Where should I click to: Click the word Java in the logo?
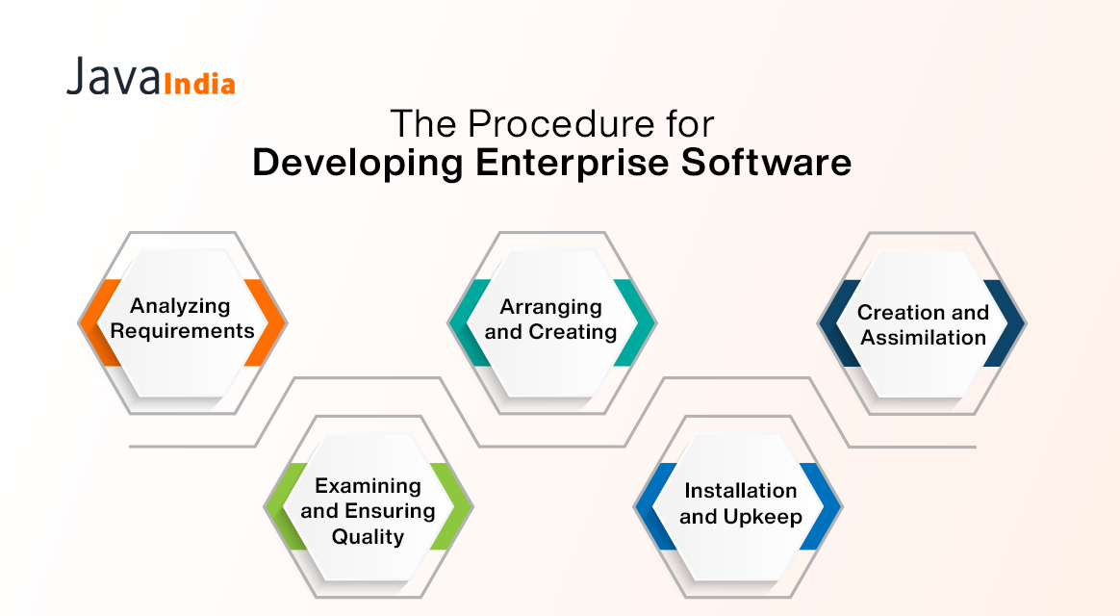pos(114,77)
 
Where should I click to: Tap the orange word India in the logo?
pos(200,84)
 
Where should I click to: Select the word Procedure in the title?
pos(558,125)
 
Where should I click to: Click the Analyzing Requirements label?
pos(181,319)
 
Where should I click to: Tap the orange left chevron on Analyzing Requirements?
pos(98,323)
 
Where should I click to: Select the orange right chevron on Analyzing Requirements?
pos(266,323)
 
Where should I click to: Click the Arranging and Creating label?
pos(551,319)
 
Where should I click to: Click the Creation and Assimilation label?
pos(923,324)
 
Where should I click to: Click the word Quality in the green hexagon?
pos(368,536)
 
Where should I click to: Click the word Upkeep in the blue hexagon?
pos(764,517)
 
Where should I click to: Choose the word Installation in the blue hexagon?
pos(741,491)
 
